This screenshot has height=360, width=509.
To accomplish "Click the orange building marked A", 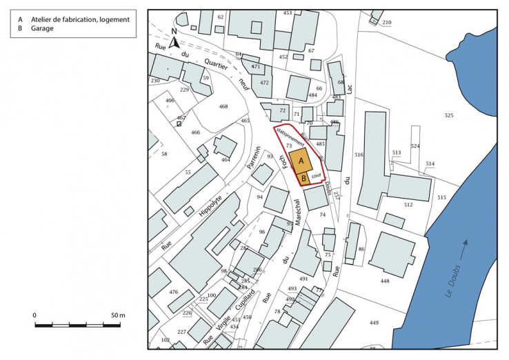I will (300, 161).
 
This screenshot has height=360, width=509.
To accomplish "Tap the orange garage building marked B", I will (303, 179).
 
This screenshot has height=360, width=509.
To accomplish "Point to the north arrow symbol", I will (174, 39).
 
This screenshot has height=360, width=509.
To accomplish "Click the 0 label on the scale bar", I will (34, 315).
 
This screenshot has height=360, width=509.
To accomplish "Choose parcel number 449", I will (375, 323).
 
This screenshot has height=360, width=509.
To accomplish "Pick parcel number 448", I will (385, 281).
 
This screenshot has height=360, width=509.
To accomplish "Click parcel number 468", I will (223, 106).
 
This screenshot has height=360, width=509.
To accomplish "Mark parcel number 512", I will (408, 205).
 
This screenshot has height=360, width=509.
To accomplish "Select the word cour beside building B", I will (317, 177).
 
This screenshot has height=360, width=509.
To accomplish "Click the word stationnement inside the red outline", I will (290, 136).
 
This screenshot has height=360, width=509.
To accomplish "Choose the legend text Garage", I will (43, 30).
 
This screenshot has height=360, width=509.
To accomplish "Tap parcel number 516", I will (359, 155).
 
